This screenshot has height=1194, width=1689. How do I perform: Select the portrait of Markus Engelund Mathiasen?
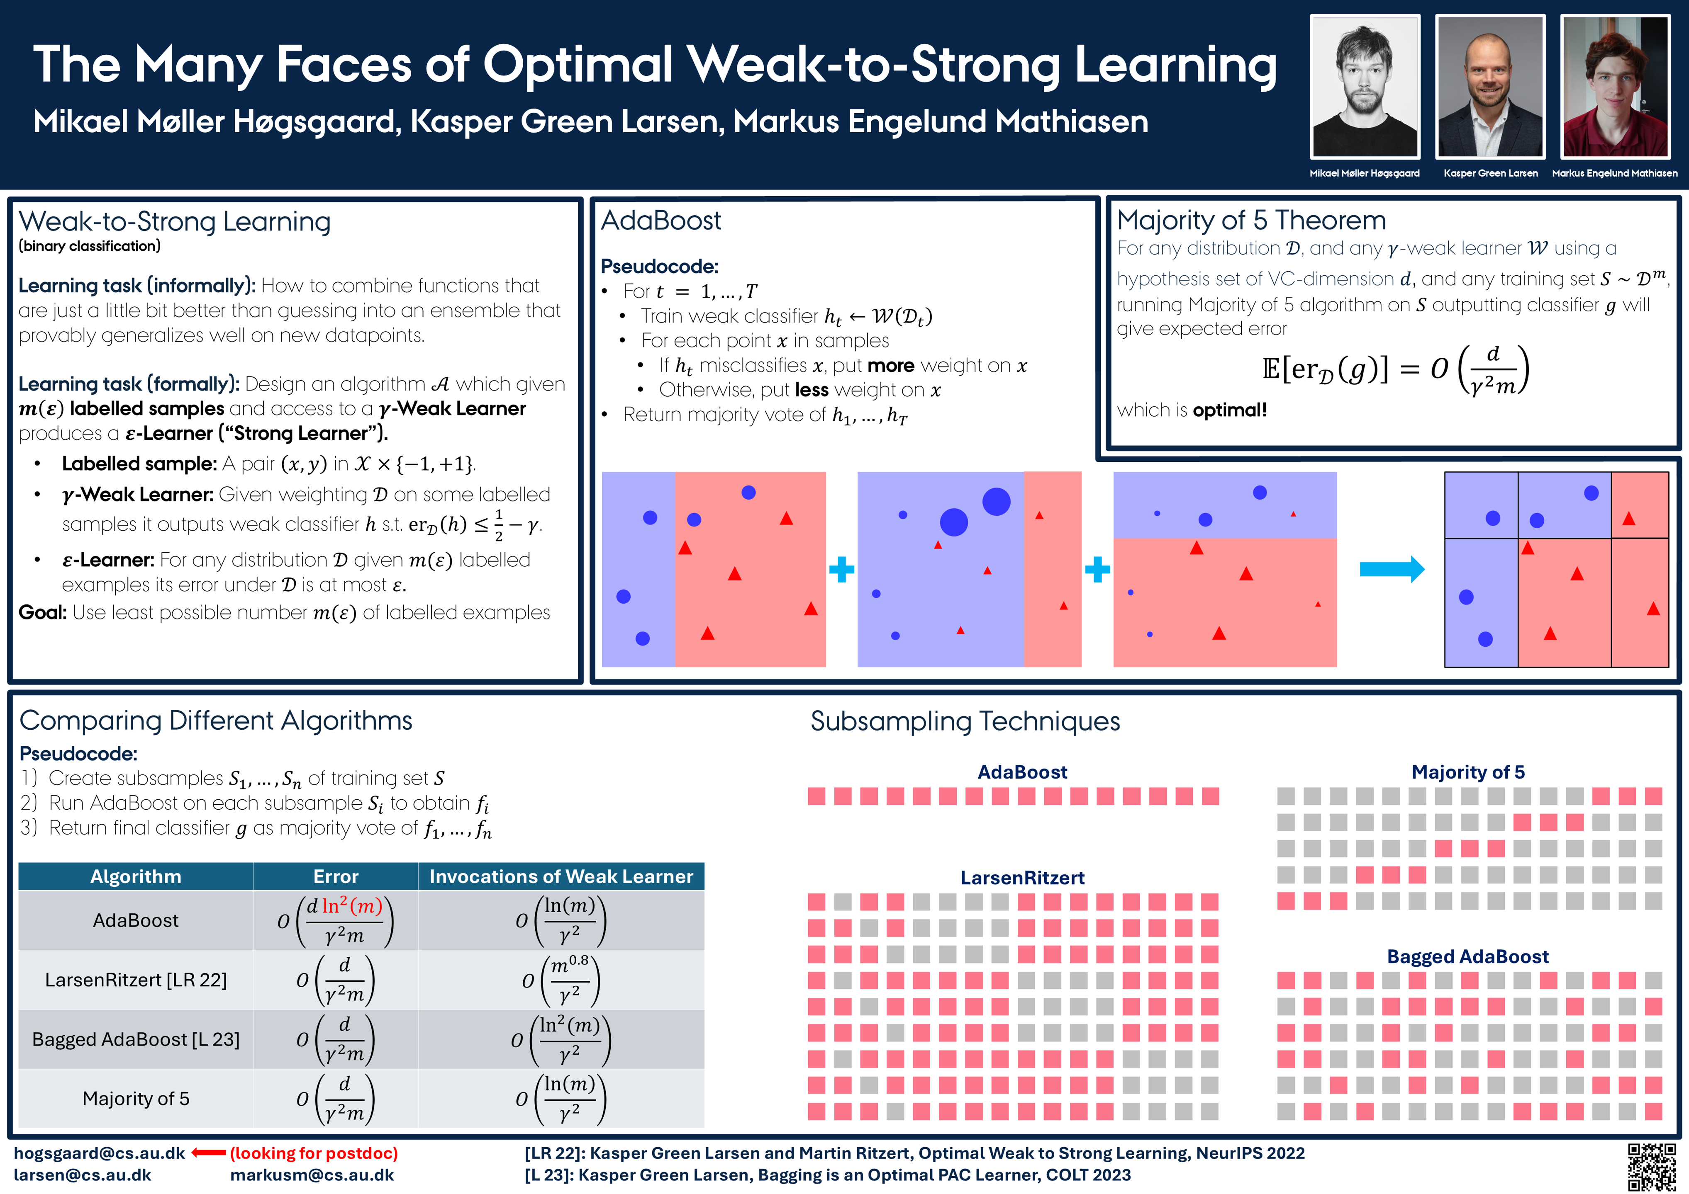tap(1615, 87)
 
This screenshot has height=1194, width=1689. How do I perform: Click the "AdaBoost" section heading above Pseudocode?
tap(660, 221)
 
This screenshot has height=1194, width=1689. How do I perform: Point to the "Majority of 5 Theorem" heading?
tap(1250, 221)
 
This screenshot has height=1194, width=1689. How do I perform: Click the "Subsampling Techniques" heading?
tap(965, 721)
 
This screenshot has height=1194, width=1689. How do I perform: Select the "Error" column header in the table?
tap(336, 876)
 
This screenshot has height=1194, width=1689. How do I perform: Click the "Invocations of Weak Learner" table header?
tap(561, 876)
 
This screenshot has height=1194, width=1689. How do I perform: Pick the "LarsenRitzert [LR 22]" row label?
tap(136, 980)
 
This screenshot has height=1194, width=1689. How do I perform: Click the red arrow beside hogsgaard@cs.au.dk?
tap(208, 1153)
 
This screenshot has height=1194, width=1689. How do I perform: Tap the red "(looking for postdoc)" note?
tap(314, 1153)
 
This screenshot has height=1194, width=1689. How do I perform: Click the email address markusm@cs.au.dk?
tap(312, 1175)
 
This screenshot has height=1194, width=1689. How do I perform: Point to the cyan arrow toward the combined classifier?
tap(1391, 569)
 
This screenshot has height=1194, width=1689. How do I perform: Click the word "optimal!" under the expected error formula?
tap(1229, 410)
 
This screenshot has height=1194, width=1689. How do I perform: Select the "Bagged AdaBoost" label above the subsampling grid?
tap(1467, 956)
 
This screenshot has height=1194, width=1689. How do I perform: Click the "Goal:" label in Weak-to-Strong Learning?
tap(43, 612)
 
